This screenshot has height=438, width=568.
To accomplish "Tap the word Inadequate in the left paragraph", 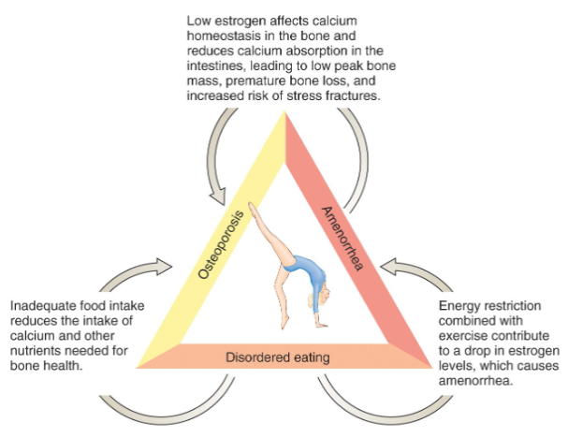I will pos(43,306).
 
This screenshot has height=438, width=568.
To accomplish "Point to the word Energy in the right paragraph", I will pos(459,306).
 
